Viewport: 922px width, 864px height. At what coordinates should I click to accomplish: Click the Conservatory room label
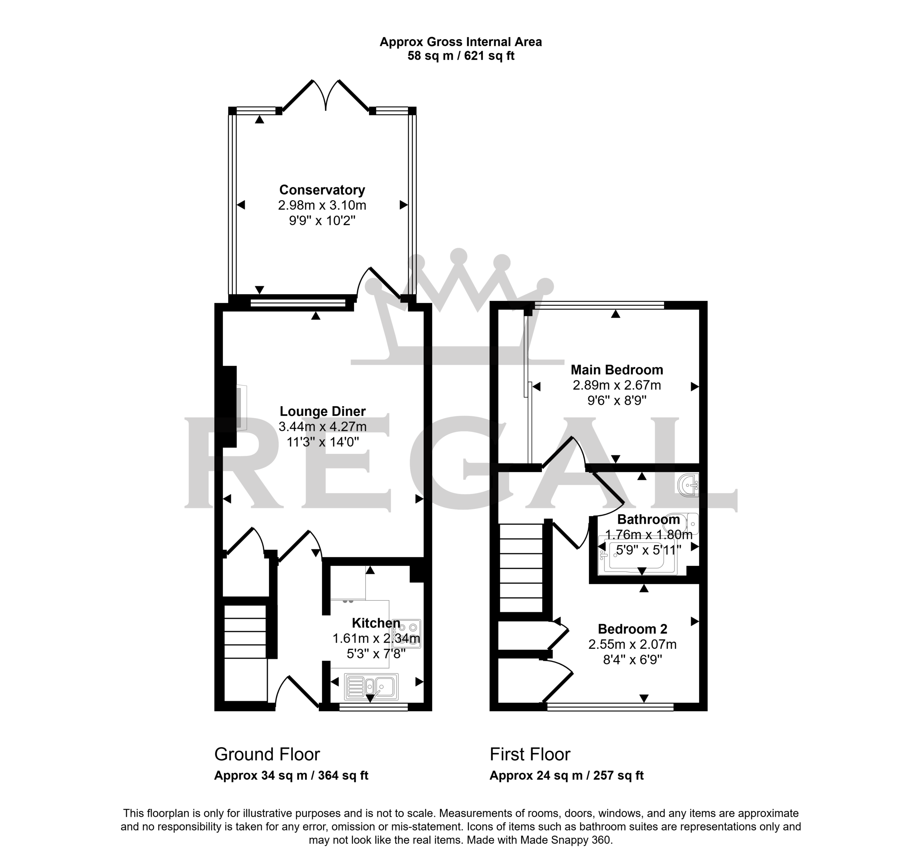[322, 190]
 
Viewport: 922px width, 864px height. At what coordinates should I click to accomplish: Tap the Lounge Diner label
[323, 411]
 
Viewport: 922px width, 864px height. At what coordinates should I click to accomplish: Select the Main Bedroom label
[617, 369]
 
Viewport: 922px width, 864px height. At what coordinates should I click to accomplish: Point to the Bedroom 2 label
[632, 629]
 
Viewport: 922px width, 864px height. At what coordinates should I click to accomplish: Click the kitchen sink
[371, 686]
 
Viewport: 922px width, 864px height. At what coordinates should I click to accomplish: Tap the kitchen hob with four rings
[407, 634]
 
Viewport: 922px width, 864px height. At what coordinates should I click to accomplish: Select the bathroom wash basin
[688, 485]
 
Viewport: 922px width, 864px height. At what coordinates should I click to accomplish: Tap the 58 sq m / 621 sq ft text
[461, 56]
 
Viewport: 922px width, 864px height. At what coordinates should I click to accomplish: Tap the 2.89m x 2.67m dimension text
[617, 385]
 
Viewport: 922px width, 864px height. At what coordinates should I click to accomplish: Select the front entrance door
[297, 693]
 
